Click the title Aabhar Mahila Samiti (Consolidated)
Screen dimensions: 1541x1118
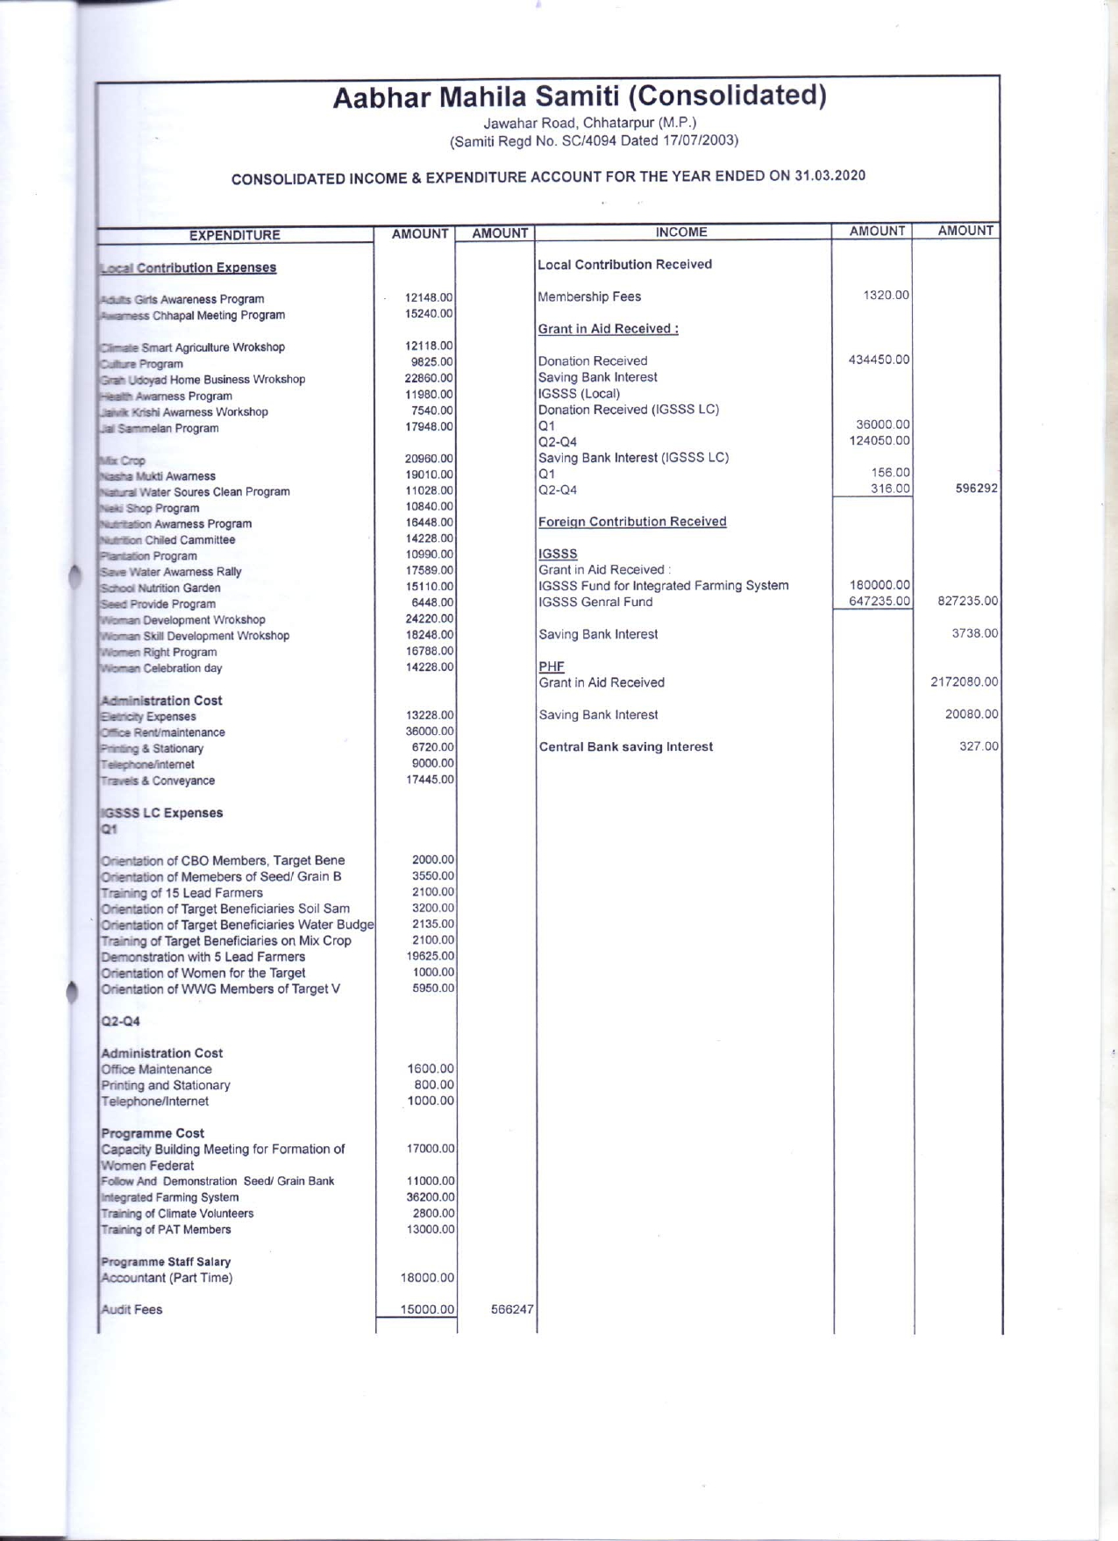(579, 96)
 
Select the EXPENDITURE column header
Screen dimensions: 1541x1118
(235, 235)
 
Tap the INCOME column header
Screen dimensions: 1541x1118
(681, 232)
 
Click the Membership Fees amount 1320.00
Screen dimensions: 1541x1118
(886, 296)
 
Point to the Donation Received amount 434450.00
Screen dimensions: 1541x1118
(879, 360)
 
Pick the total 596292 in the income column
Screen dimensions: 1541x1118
(976, 489)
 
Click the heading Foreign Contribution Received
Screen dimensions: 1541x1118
(632, 522)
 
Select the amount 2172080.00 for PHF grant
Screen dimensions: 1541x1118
(964, 682)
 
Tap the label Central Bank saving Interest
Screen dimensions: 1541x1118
(625, 747)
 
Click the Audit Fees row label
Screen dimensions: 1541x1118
(132, 1309)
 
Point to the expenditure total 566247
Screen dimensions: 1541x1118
(512, 1309)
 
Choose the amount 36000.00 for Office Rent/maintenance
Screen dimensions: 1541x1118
(429, 731)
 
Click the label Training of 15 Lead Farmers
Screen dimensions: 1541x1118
(182, 893)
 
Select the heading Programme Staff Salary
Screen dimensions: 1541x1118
(166, 1262)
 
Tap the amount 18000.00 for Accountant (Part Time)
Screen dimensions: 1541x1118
(427, 1278)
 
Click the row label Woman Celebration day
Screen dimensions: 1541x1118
(161, 668)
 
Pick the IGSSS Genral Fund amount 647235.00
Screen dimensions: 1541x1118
(879, 602)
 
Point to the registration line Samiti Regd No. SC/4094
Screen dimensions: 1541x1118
(594, 140)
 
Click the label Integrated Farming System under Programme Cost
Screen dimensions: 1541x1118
(169, 1197)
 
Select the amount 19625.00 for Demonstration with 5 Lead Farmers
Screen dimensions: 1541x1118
(432, 956)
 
